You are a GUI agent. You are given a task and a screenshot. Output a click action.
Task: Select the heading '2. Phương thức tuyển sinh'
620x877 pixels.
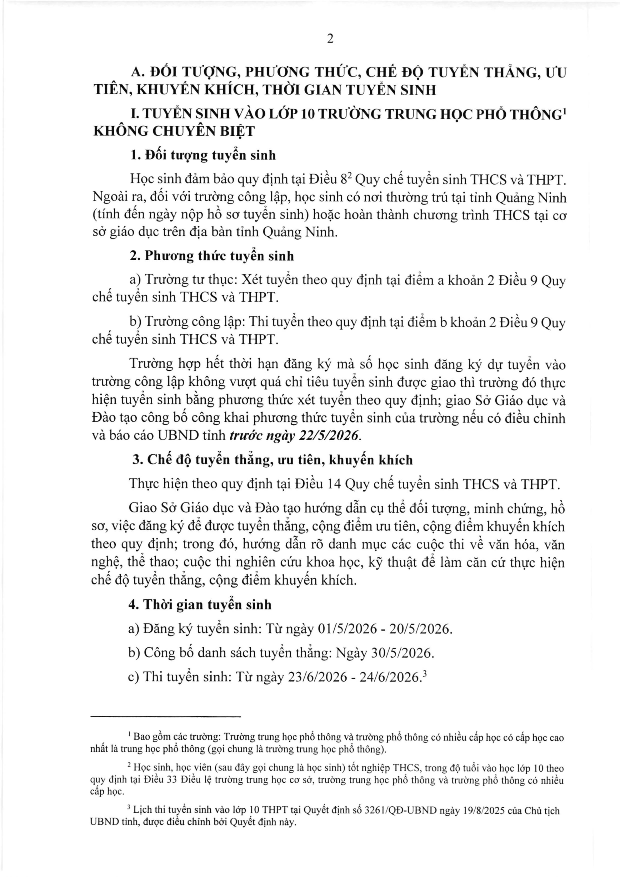click(212, 255)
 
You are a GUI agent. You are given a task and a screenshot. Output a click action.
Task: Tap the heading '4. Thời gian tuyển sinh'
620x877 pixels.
click(200, 605)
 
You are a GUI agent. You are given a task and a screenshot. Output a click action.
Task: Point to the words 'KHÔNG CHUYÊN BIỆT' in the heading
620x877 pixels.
click(174, 131)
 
